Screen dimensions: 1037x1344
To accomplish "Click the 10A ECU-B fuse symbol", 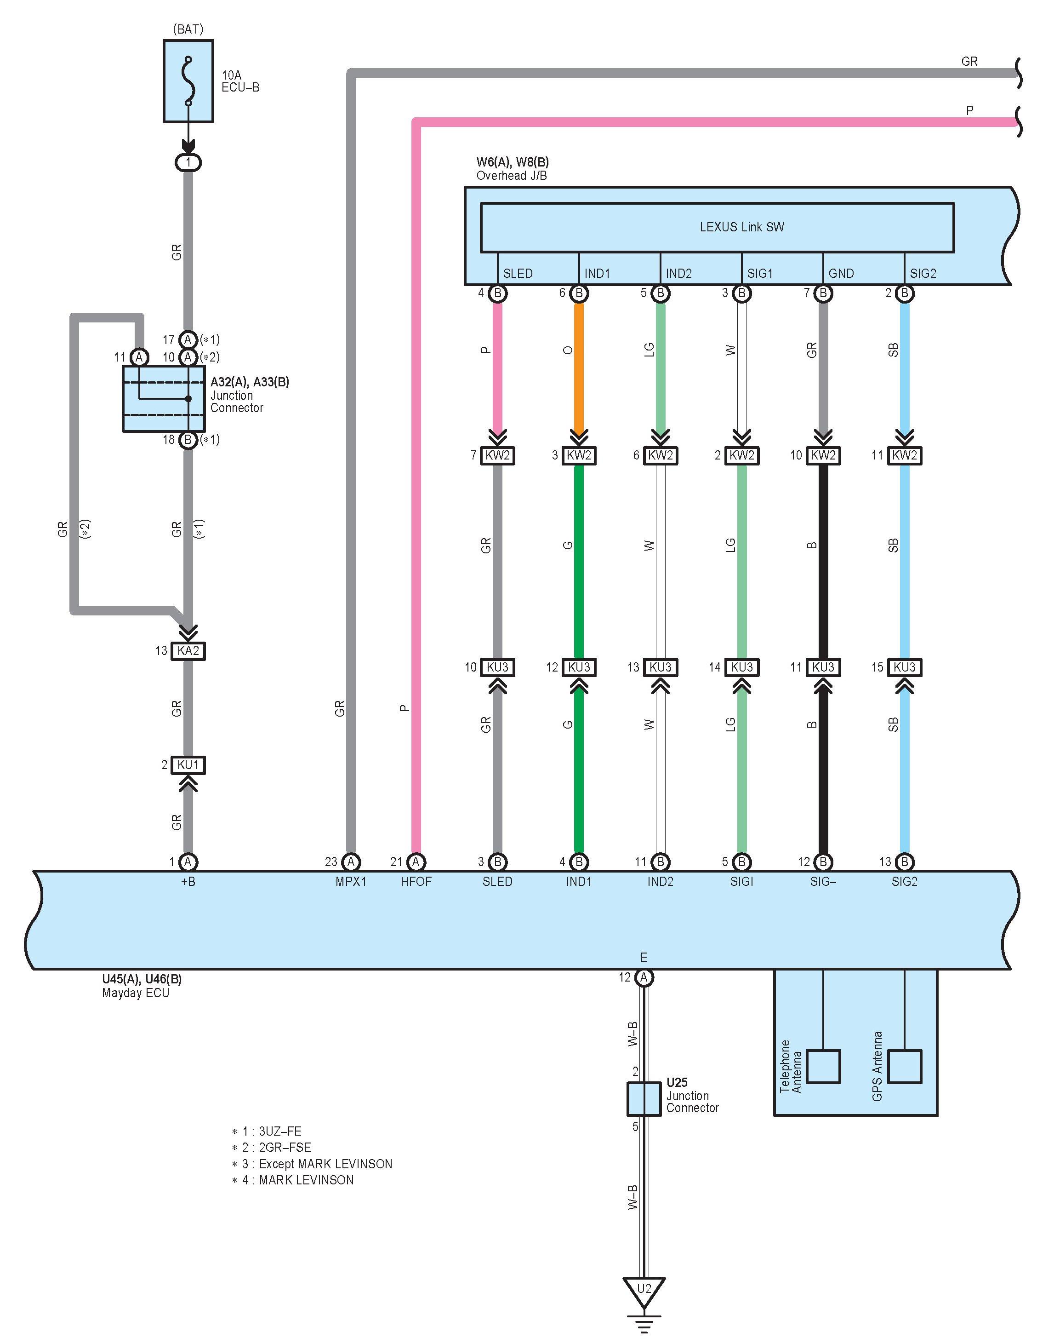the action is [x=188, y=81].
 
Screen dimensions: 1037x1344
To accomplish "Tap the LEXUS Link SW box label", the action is [x=742, y=227].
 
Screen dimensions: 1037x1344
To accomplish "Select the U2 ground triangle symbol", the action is [x=644, y=1291].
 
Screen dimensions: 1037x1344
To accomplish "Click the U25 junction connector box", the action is [x=644, y=1100].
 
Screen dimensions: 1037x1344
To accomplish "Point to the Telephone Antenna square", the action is [x=823, y=1067].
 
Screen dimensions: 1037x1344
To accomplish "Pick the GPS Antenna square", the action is [x=904, y=1067].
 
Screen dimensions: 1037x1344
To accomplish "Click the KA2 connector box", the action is [x=188, y=650].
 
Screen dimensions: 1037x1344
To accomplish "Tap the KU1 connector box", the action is [x=188, y=765].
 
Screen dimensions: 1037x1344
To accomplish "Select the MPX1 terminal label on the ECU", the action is [x=351, y=882].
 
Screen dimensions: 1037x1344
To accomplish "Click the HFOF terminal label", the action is [x=416, y=882].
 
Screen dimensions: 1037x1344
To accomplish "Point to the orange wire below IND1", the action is [x=579, y=367].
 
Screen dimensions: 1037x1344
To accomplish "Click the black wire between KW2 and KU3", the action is [x=823, y=561].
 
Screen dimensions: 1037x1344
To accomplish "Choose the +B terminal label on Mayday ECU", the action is [x=188, y=882].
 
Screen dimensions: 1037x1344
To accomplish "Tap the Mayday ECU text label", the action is [x=135, y=993].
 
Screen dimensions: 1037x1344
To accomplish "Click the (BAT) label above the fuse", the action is [x=188, y=29].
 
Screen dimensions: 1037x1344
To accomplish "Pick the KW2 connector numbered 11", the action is [x=904, y=455].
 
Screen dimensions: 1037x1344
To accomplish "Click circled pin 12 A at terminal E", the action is [x=644, y=977].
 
